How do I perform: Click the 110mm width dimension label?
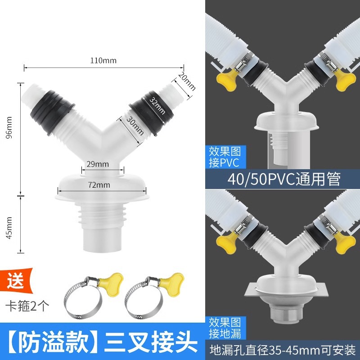point(103,60)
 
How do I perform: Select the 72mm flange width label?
point(99,184)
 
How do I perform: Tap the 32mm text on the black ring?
point(155,104)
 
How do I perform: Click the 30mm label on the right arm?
point(135,126)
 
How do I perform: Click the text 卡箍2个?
point(29,307)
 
